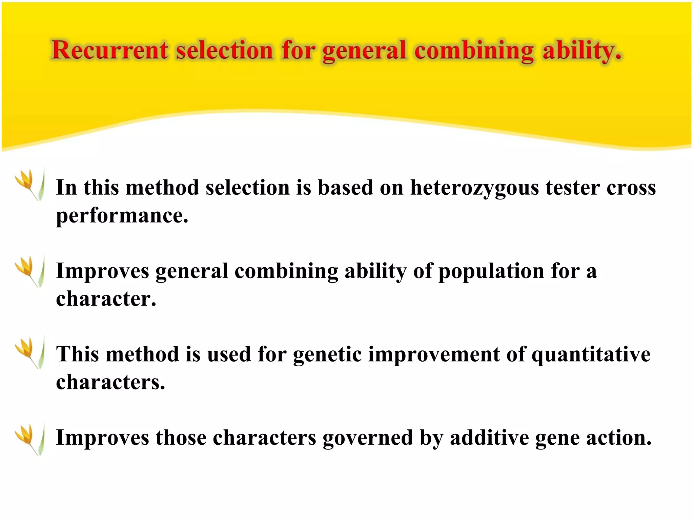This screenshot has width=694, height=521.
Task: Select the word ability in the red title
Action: [581, 51]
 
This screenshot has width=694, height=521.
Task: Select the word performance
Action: [122, 216]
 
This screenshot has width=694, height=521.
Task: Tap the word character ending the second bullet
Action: [106, 299]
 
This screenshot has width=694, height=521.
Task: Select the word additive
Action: [489, 438]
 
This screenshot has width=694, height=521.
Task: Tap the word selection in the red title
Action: [224, 50]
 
